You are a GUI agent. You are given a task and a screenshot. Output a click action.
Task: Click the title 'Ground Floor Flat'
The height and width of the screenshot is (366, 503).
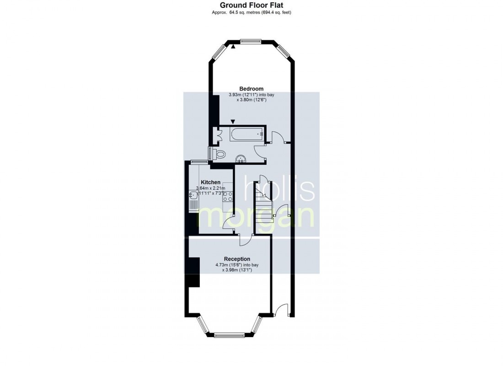[x=251, y=5]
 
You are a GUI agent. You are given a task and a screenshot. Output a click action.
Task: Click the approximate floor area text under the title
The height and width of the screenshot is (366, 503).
[x=251, y=12]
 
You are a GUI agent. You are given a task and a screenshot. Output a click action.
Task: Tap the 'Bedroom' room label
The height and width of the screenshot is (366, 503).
[x=251, y=89]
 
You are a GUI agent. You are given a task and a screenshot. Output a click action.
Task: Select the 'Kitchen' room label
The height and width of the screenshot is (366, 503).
[x=210, y=183]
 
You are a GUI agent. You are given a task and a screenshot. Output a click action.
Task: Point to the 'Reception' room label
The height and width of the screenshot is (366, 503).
[x=237, y=259]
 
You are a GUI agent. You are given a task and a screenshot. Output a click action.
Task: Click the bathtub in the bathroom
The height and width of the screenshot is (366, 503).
[x=246, y=134]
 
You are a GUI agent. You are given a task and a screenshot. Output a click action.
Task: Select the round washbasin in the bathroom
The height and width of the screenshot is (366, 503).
[x=241, y=159]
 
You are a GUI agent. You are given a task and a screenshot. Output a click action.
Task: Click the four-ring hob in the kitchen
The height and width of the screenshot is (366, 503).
[x=227, y=196]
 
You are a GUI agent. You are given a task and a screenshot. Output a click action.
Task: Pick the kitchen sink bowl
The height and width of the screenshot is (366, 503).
[x=193, y=194]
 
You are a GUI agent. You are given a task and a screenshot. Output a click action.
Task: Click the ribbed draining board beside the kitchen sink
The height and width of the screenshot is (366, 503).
[x=193, y=205]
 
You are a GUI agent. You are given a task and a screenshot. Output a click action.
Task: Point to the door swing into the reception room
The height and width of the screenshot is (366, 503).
[x=245, y=240]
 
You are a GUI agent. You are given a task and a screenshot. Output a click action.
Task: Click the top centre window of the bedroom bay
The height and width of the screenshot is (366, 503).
[x=251, y=41]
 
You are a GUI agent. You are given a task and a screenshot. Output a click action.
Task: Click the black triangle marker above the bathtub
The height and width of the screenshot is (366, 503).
[x=233, y=122]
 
